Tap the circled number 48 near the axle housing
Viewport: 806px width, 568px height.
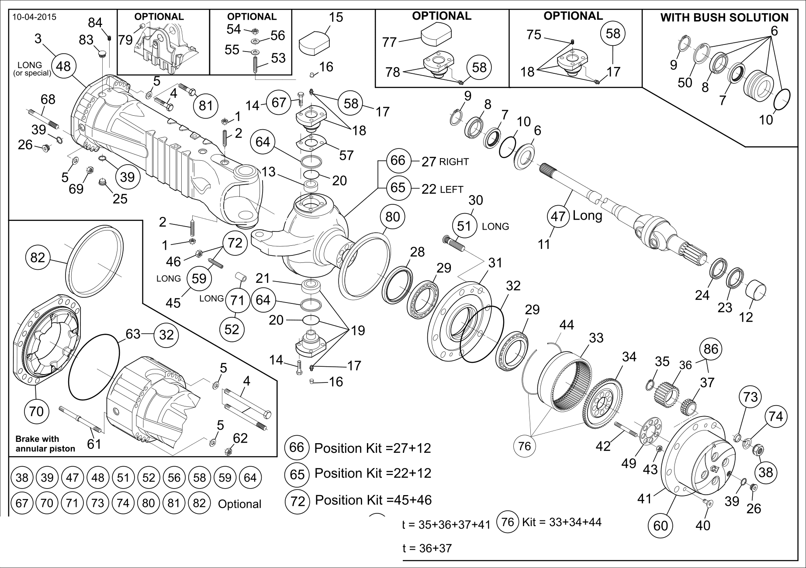pyautogui.click(x=64, y=66)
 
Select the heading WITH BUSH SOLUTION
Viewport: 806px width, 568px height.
pyautogui.click(x=724, y=17)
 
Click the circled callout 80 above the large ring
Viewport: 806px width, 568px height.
pyautogui.click(x=392, y=217)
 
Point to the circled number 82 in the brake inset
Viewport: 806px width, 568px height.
pyautogui.click(x=38, y=257)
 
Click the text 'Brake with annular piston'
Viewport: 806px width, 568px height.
pyautogui.click(x=45, y=444)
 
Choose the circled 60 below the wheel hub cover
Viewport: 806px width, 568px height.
pyautogui.click(x=661, y=525)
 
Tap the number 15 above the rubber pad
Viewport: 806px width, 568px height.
pyautogui.click(x=336, y=17)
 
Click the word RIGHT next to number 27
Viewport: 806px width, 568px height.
pyautogui.click(x=454, y=162)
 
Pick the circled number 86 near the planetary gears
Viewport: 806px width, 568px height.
pyautogui.click(x=711, y=349)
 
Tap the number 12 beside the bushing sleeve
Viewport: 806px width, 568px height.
pyautogui.click(x=746, y=317)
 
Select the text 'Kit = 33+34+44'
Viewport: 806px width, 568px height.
pyautogui.click(x=561, y=522)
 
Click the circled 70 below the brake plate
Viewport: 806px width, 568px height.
pyautogui.click(x=37, y=411)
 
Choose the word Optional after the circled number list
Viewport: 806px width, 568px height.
pyautogui.click(x=239, y=504)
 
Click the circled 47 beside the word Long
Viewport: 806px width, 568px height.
pyautogui.click(x=558, y=217)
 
